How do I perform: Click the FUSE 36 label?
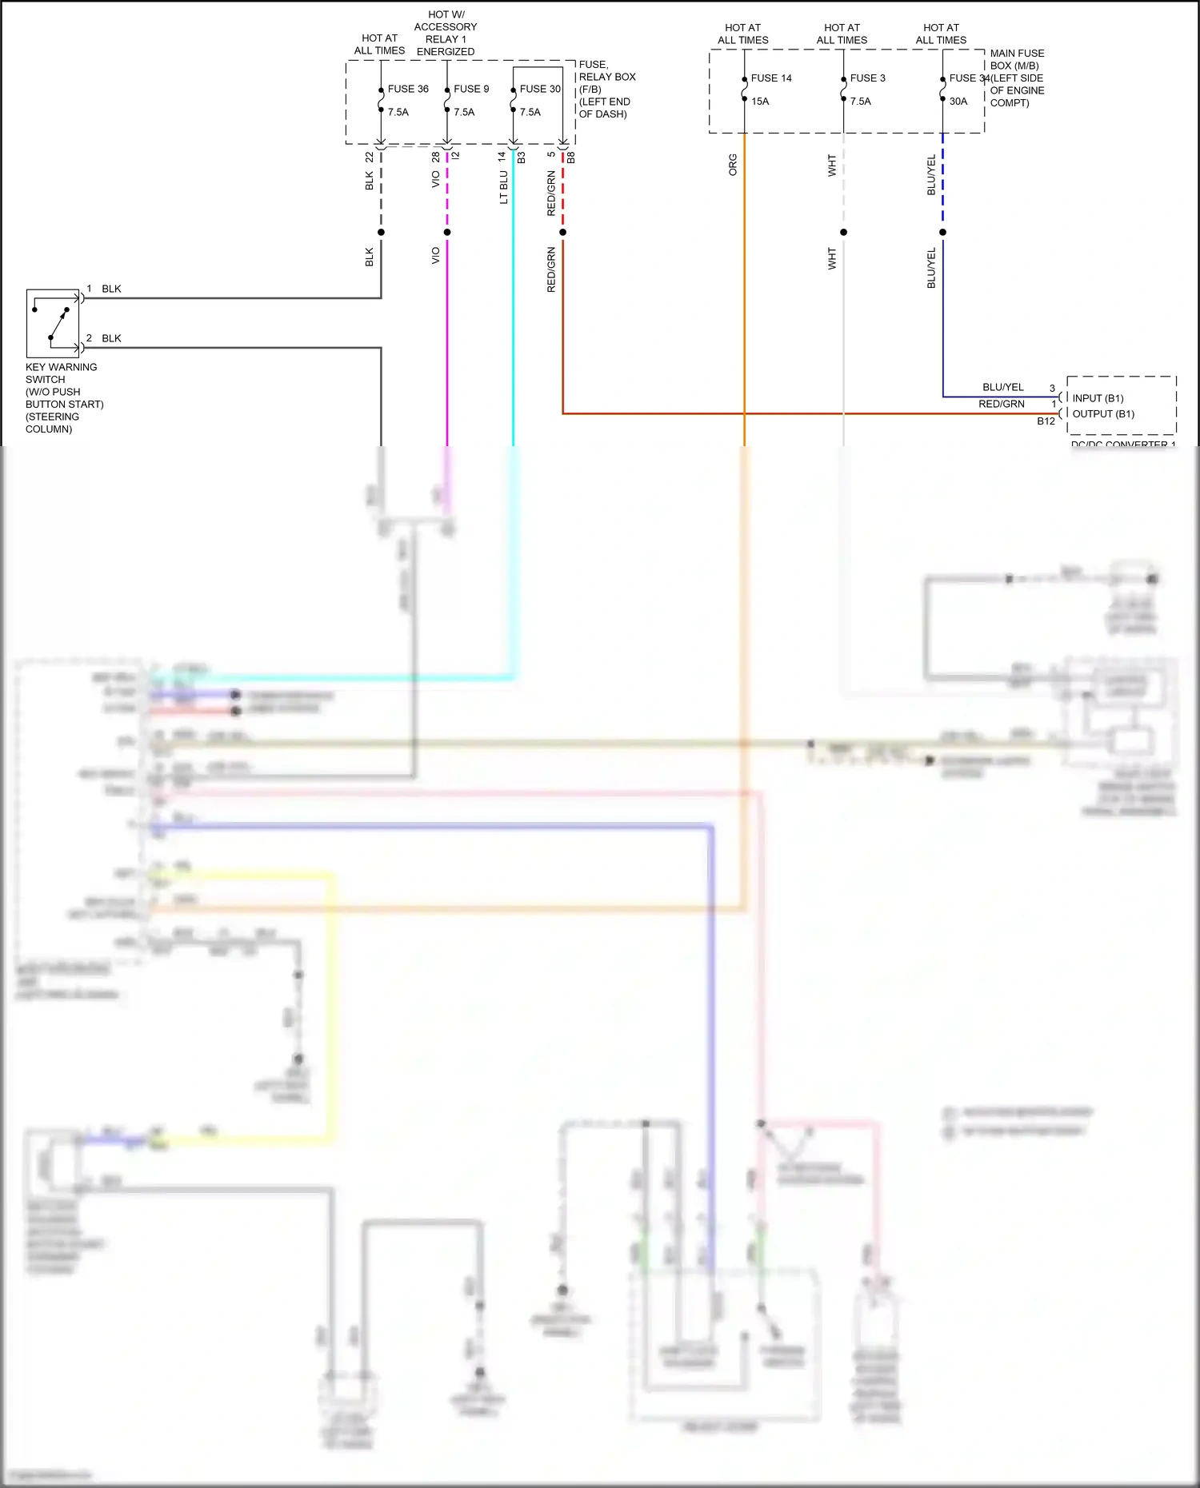[408, 89]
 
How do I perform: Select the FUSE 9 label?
[471, 89]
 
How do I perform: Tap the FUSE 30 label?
[540, 89]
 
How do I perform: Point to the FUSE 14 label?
[771, 78]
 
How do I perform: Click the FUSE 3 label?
[867, 78]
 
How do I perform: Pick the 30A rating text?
[958, 102]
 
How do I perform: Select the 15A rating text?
[760, 102]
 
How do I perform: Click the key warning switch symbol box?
[53, 323]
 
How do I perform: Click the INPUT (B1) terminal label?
[1098, 398]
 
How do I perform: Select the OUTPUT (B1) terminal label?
[1103, 414]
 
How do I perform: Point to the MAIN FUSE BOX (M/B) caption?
[1017, 78]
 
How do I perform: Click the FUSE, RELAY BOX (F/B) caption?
[606, 89]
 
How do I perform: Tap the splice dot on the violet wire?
[447, 233]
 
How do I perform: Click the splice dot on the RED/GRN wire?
[563, 233]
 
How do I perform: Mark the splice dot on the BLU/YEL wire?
[942, 233]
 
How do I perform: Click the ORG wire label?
[733, 165]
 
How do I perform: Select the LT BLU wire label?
[504, 187]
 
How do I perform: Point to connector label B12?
[1046, 421]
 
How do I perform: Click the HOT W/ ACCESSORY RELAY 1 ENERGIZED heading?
[446, 33]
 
